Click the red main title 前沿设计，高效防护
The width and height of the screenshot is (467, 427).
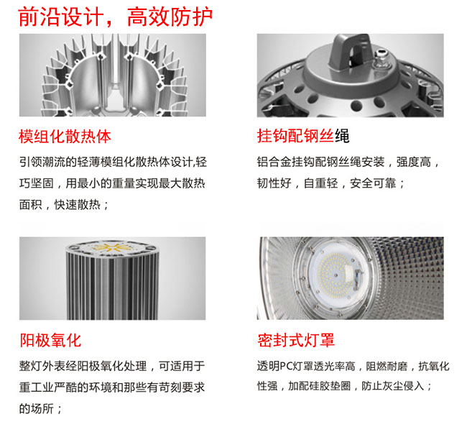115,17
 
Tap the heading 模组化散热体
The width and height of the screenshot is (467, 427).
65,137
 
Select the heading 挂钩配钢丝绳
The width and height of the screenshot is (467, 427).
303,136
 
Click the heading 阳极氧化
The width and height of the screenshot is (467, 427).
50,340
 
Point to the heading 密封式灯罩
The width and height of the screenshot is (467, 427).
296,340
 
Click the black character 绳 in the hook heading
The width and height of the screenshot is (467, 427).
342,136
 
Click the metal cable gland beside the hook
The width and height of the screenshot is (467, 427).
382,59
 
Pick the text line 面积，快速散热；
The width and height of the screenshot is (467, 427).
64,205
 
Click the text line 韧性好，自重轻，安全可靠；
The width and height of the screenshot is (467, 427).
331,183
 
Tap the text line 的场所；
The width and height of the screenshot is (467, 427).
40,408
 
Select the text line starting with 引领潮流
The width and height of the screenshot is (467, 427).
113,162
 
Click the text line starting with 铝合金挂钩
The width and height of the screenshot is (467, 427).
348,162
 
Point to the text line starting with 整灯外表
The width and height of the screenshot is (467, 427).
112,366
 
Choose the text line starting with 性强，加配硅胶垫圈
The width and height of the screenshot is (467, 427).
345,387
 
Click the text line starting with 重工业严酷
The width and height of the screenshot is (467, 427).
112,387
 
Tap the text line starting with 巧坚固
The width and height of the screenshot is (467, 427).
112,183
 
